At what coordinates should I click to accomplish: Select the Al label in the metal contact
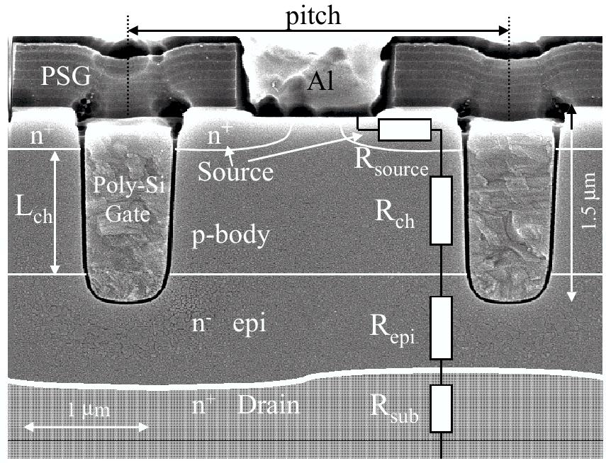tap(320, 84)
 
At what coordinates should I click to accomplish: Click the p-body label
tap(231, 235)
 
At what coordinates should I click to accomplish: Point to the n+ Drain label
tap(246, 406)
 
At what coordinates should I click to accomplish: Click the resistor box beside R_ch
tap(441, 211)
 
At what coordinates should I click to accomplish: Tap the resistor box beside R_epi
tap(441, 328)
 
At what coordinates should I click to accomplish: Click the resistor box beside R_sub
tap(441, 408)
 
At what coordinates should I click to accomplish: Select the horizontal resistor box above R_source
tap(405, 130)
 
